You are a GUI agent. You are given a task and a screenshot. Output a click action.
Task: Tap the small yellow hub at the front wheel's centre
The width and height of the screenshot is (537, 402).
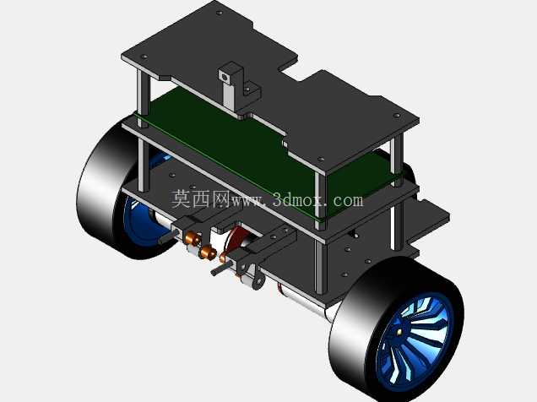[x=399, y=331]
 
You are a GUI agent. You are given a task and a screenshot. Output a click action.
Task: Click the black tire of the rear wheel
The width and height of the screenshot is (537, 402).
[x=100, y=192]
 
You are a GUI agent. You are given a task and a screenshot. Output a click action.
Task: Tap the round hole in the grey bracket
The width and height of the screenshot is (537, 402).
[x=225, y=78]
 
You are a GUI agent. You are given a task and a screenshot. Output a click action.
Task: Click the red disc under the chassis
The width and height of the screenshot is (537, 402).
[x=233, y=240]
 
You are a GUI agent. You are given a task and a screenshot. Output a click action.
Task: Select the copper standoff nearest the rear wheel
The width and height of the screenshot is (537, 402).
[x=192, y=238]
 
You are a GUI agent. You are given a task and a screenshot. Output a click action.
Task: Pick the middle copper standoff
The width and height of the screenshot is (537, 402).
[x=207, y=253]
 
